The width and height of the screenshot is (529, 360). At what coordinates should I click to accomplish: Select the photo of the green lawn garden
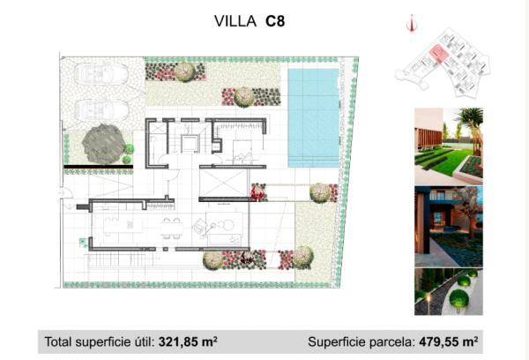[449, 142]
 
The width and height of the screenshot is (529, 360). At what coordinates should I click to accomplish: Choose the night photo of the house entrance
[449, 226]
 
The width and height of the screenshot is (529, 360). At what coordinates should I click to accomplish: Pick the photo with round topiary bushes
[449, 292]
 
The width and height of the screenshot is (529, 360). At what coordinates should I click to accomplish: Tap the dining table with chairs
[173, 229]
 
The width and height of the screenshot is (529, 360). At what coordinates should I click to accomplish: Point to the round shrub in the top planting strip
[185, 71]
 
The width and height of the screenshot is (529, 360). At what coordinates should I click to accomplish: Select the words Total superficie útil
[97, 340]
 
